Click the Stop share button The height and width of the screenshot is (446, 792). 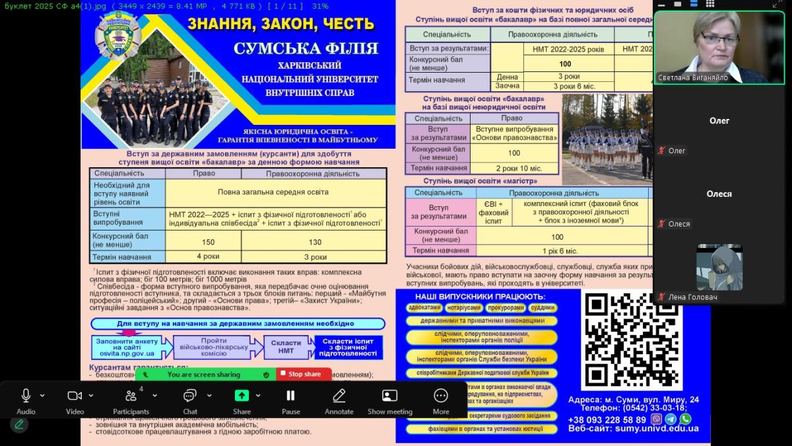point(304,374)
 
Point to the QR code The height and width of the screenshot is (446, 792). point(622,339)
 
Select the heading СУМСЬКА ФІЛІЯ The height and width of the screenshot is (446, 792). point(306,48)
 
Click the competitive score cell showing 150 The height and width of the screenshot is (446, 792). point(208,242)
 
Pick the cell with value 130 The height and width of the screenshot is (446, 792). point(315,242)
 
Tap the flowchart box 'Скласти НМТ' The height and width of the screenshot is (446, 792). point(286,347)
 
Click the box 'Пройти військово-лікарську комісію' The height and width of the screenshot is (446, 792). point(214,347)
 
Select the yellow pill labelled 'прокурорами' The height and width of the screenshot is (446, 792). point(506,307)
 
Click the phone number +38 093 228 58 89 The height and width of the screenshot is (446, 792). point(607,420)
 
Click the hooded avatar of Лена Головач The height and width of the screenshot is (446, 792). point(719,267)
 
